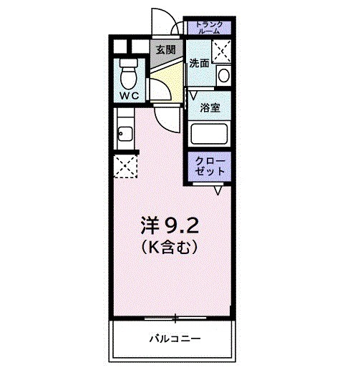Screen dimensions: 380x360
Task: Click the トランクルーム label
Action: coord(209,27)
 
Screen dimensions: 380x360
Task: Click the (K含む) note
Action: coord(169,248)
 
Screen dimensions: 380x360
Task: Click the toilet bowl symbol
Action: coord(129,72)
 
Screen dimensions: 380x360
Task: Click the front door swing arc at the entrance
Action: coord(165,21)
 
